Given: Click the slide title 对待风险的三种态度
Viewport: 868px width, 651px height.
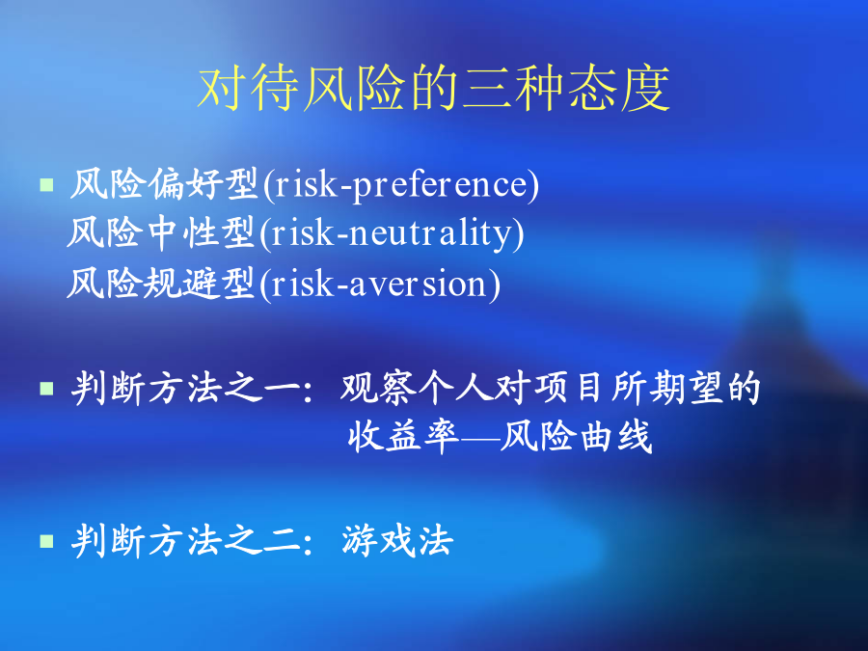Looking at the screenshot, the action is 433,89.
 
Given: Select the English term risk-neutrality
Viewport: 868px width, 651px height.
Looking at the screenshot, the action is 392,234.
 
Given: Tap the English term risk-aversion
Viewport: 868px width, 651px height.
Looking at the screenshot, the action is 380,284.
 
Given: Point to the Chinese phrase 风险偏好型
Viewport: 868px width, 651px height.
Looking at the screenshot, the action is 164,184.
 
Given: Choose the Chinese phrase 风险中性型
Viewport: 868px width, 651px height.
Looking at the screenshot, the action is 161,232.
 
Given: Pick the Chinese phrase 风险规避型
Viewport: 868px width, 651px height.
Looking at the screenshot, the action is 161,283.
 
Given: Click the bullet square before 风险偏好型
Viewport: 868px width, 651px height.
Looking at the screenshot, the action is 46,184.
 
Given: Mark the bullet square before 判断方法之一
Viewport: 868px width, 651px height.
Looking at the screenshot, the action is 46,389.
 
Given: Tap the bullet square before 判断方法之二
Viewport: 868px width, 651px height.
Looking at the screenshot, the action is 46,541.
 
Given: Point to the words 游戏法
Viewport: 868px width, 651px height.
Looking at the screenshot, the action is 397,540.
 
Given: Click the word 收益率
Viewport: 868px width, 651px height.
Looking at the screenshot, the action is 404,437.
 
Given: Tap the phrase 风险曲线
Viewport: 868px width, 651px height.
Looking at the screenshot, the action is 577,437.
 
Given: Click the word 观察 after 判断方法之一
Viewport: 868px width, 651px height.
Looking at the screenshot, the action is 378,388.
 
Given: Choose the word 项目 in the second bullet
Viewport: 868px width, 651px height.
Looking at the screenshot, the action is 567,388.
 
